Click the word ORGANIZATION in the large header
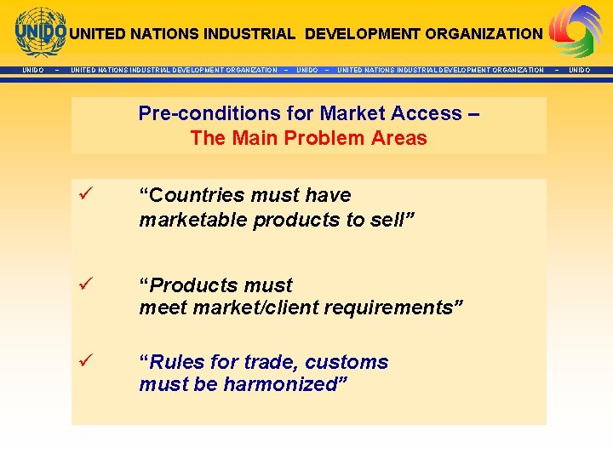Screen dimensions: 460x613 pos(484,34)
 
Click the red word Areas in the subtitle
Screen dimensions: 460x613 pos(399,138)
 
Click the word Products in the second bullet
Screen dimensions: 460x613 pos(192,285)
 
